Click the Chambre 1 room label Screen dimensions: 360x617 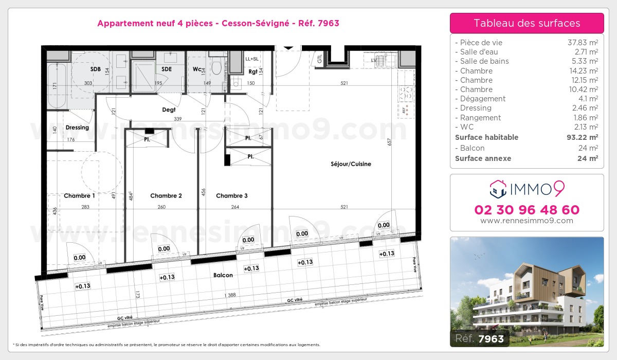coord(79,195)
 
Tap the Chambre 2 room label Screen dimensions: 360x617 coord(166,195)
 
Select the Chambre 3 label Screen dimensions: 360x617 coord(232,195)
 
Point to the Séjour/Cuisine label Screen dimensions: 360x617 coord(351,164)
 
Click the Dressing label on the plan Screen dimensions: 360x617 coord(77,128)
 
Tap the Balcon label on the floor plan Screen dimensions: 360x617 coord(223,275)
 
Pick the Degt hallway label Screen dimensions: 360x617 coord(169,110)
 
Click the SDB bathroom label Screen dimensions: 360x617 coord(96,69)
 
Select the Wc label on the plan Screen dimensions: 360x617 coord(197,69)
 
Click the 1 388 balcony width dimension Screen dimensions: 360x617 coord(230,295)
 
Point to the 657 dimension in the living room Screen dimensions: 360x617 coord(389,142)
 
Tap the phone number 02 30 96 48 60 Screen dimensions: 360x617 coord(527,210)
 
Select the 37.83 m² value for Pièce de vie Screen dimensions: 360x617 coord(582,43)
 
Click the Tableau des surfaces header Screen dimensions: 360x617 coord(527,23)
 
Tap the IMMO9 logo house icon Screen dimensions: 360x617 coord(498,189)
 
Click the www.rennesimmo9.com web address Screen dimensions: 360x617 coord(527,221)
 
